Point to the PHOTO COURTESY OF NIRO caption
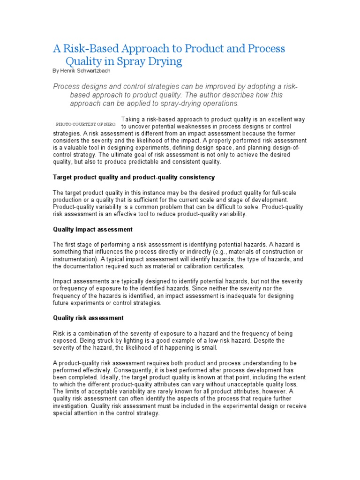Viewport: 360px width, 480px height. click(x=86, y=124)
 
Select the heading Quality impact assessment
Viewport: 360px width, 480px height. click(x=93, y=230)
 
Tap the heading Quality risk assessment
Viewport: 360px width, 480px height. click(x=88, y=318)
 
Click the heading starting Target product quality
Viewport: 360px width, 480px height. click(x=134, y=177)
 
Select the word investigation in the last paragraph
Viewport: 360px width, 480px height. click(x=70, y=406)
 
